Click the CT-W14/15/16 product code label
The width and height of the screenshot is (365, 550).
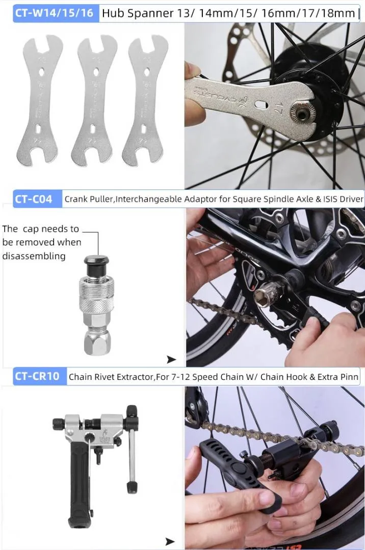point(54,13)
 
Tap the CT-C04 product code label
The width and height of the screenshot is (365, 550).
point(33,199)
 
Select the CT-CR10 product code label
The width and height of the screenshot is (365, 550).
point(37,376)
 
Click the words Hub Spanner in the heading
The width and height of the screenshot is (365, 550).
point(138,13)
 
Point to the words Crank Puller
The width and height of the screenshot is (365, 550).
point(89,199)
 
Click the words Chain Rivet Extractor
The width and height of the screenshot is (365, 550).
point(111,377)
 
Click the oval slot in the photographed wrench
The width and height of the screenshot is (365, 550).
point(261,104)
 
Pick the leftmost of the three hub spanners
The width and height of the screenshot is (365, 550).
point(39,100)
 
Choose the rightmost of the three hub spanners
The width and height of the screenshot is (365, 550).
point(145,100)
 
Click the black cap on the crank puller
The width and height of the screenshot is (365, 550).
point(96,266)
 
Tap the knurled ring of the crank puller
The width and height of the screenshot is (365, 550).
point(96,303)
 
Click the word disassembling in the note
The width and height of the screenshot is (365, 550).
point(34,256)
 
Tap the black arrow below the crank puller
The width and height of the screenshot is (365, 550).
point(171,359)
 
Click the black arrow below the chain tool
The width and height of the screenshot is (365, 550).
point(170,541)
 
